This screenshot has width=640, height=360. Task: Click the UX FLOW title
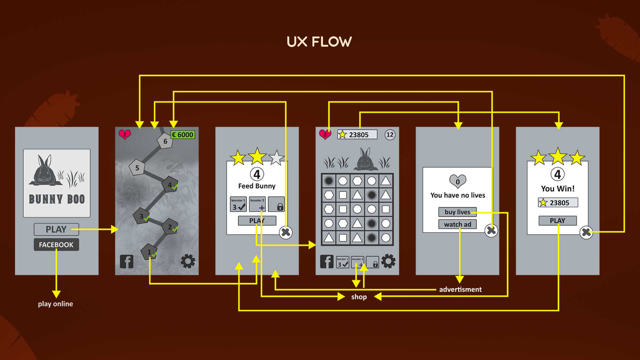click(x=319, y=42)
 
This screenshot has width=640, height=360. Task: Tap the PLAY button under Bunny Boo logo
click(x=56, y=229)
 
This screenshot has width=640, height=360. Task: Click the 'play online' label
click(x=55, y=304)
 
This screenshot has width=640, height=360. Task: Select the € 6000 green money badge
click(x=183, y=135)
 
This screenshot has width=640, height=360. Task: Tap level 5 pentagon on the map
click(x=137, y=168)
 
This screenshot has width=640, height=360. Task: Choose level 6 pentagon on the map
click(x=165, y=141)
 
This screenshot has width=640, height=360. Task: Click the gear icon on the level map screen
click(x=188, y=261)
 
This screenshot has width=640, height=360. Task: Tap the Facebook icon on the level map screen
click(x=127, y=262)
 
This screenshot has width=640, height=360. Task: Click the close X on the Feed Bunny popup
click(x=286, y=232)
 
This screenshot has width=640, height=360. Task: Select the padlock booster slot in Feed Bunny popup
click(x=277, y=204)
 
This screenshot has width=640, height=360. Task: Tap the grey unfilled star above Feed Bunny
click(x=276, y=158)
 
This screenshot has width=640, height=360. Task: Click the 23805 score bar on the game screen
click(x=357, y=135)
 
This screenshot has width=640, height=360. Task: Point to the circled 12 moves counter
click(x=390, y=135)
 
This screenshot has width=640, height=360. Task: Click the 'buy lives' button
click(x=457, y=212)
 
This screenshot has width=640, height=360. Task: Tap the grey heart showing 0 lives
click(x=458, y=181)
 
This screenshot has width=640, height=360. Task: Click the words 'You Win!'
click(x=558, y=189)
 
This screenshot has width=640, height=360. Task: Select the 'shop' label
click(x=359, y=297)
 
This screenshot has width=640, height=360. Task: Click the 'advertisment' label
click(x=460, y=289)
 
